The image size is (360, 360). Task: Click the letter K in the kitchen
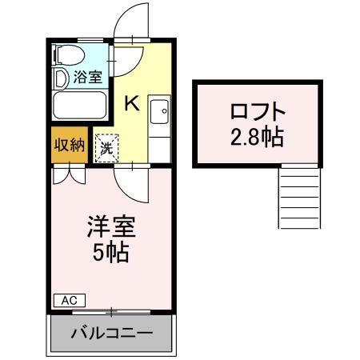pos(132,102)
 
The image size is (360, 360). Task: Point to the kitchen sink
pos(158,110)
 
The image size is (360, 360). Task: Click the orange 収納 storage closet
pos(68,145)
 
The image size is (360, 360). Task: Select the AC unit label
pos(69,300)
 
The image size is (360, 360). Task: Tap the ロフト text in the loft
pos(257,110)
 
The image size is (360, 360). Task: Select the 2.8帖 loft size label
pos(257,136)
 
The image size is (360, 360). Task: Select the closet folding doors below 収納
pos(68,174)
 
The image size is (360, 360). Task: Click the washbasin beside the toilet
pos(60,78)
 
